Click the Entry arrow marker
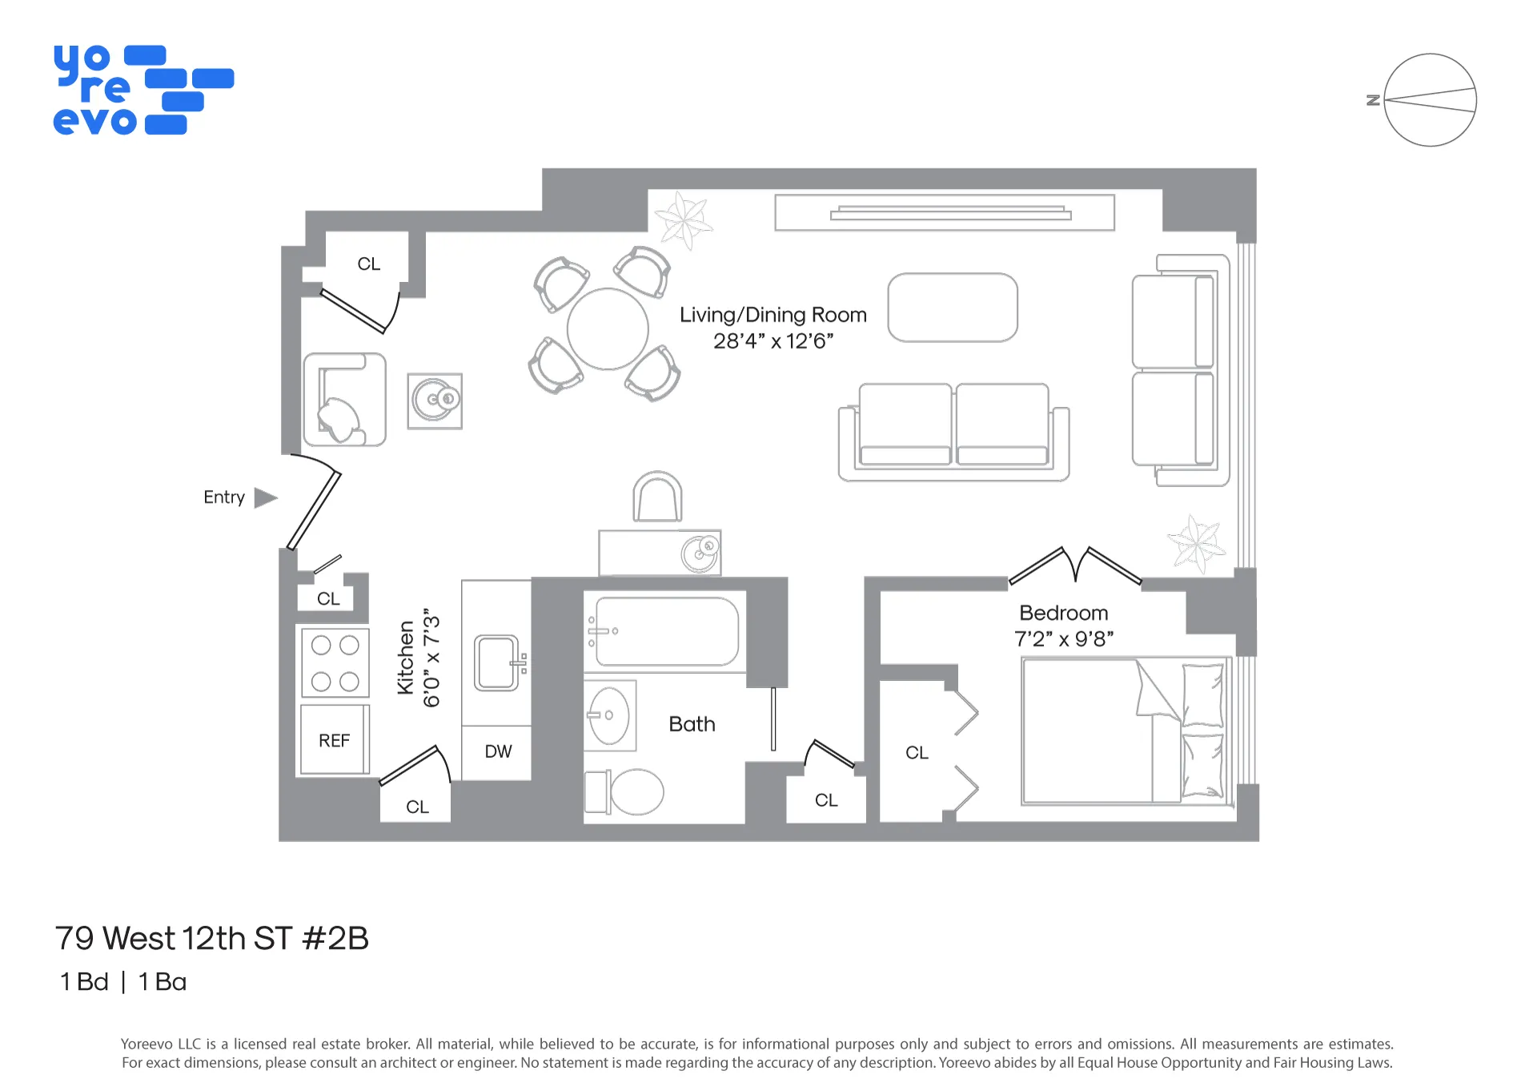[x=265, y=497]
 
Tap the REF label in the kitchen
[x=334, y=741]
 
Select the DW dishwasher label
[x=498, y=751]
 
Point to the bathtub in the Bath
[x=666, y=631]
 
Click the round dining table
[x=608, y=329]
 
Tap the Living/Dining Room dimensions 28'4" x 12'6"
[x=773, y=341]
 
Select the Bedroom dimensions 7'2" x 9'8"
[x=1063, y=639]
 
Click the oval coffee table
[x=953, y=308]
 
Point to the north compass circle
[x=1430, y=100]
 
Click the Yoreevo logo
[x=142, y=90]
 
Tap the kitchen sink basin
[x=496, y=662]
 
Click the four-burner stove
[x=335, y=662]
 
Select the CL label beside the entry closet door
[x=328, y=598]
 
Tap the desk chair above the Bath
[x=657, y=498]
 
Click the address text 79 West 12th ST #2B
[x=211, y=938]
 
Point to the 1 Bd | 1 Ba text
[x=122, y=981]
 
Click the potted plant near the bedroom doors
[x=1195, y=543]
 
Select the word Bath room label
[x=692, y=724]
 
